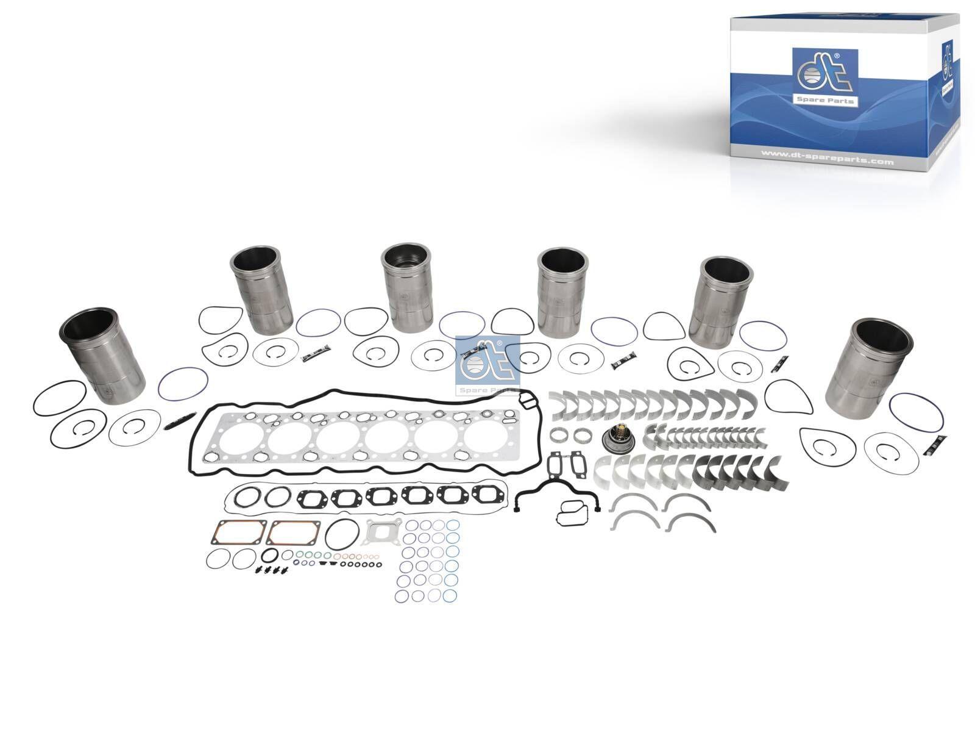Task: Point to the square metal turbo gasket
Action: tap(381, 533)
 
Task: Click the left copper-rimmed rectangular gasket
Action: tap(238, 533)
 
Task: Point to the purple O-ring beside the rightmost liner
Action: tap(916, 412)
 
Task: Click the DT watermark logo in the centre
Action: tap(487, 365)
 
